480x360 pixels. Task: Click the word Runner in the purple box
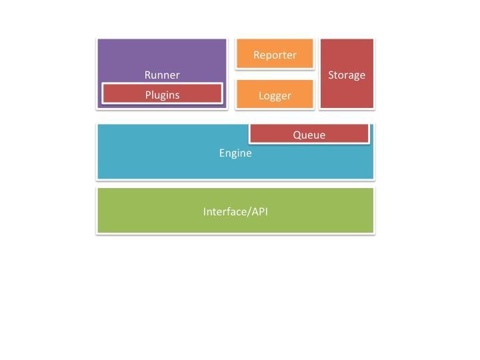(162, 75)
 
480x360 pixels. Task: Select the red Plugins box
(162, 93)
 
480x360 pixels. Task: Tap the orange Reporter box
(275, 53)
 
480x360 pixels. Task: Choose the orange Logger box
(275, 94)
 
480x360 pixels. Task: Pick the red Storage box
(347, 73)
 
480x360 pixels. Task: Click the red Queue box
(309, 133)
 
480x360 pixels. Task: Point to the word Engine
(235, 153)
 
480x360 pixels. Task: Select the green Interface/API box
(235, 211)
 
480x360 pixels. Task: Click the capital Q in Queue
(297, 135)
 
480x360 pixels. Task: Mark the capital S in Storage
(331, 75)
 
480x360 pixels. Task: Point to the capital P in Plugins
(148, 95)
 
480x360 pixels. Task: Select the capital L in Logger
(261, 95)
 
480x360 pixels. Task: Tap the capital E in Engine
(221, 153)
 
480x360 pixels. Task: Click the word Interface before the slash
(225, 211)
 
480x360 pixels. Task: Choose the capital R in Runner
(147, 75)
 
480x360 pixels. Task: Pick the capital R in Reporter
(257, 55)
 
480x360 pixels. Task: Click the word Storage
(347, 75)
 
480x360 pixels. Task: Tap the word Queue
(309, 135)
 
